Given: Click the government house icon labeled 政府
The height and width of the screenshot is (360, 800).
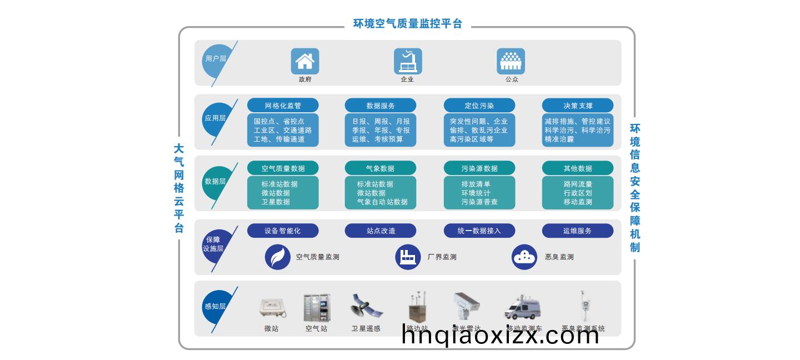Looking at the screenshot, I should pos(305,61).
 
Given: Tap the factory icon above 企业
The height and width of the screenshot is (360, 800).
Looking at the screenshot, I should pos(408,61).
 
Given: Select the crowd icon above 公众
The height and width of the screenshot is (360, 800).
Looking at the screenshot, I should pos(511,61).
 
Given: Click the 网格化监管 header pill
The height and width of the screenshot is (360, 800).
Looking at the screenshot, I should pos(283,106).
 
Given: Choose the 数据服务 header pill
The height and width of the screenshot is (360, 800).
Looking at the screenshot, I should pos(381,106).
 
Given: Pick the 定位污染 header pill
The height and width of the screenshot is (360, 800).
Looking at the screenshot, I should pos(479,106).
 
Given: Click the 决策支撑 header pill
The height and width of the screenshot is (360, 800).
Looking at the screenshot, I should pos(578,106).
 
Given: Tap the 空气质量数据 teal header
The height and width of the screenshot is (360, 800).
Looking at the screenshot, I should pos(283,168).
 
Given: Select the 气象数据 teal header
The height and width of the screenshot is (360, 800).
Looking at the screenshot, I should pos(381,168).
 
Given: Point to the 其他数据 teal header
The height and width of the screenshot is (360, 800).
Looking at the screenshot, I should pos(578,168).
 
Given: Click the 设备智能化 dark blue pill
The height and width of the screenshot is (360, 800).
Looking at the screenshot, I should pos(283,231).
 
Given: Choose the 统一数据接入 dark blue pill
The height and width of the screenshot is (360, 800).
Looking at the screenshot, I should pos(479,231).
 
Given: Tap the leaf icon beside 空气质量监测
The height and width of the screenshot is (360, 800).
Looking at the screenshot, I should pos(278,257).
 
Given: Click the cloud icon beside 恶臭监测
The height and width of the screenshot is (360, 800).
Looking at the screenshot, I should pos(524,257).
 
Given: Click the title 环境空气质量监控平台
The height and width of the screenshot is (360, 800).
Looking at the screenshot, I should pos(408,24).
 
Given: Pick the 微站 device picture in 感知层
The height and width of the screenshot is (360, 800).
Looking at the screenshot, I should pos(272,308).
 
